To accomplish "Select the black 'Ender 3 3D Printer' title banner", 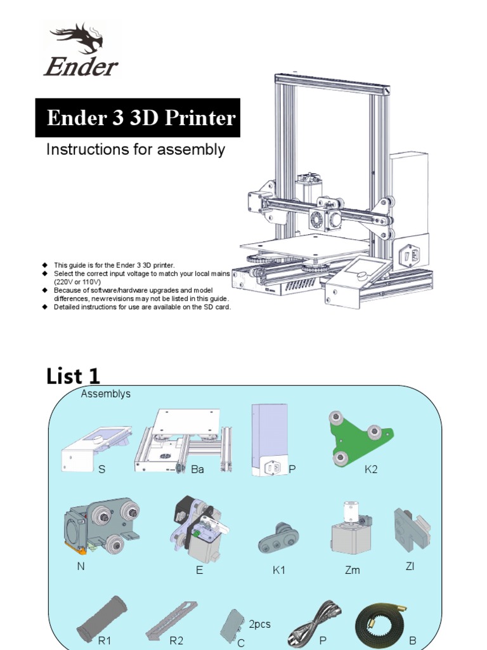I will (x=138, y=118).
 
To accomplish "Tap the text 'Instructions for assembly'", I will (x=135, y=150).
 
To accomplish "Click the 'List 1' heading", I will (x=73, y=376).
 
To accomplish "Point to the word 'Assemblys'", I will (x=105, y=394).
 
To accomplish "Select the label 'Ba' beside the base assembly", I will (x=198, y=469).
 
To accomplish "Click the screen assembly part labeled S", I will (x=97, y=448).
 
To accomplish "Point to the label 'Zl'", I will (x=410, y=566).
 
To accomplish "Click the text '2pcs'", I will (x=259, y=624).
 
